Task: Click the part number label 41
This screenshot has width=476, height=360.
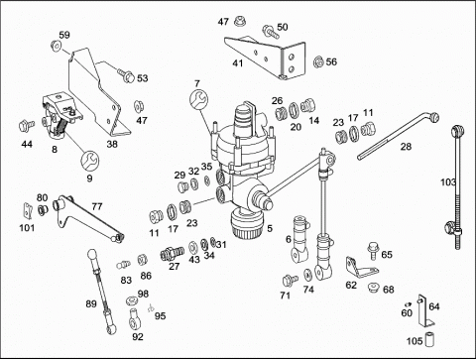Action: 238,63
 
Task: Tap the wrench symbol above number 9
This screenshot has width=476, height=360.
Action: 89,161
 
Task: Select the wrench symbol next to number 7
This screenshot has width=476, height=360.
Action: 198,98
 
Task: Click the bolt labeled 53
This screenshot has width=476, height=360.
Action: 126,75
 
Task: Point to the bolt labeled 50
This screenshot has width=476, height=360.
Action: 269,31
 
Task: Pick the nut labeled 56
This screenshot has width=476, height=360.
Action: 318,61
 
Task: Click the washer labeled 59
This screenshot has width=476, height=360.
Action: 56,46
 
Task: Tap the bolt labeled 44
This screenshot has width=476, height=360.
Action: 26,126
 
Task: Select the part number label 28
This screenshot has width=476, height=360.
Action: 406,146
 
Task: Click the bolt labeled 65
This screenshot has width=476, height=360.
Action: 373,252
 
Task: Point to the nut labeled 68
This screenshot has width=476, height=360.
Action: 375,287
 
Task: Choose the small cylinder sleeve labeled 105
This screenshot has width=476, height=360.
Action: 429,339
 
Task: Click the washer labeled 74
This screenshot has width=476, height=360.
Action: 307,274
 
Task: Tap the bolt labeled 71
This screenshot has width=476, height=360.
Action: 290,280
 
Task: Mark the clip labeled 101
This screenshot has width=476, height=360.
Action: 27,211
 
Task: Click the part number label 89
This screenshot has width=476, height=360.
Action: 91,303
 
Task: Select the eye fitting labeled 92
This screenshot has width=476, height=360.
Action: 134,318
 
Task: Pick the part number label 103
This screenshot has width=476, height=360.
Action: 448,182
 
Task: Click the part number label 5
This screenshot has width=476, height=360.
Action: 270,228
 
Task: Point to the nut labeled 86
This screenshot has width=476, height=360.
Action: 142,260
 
